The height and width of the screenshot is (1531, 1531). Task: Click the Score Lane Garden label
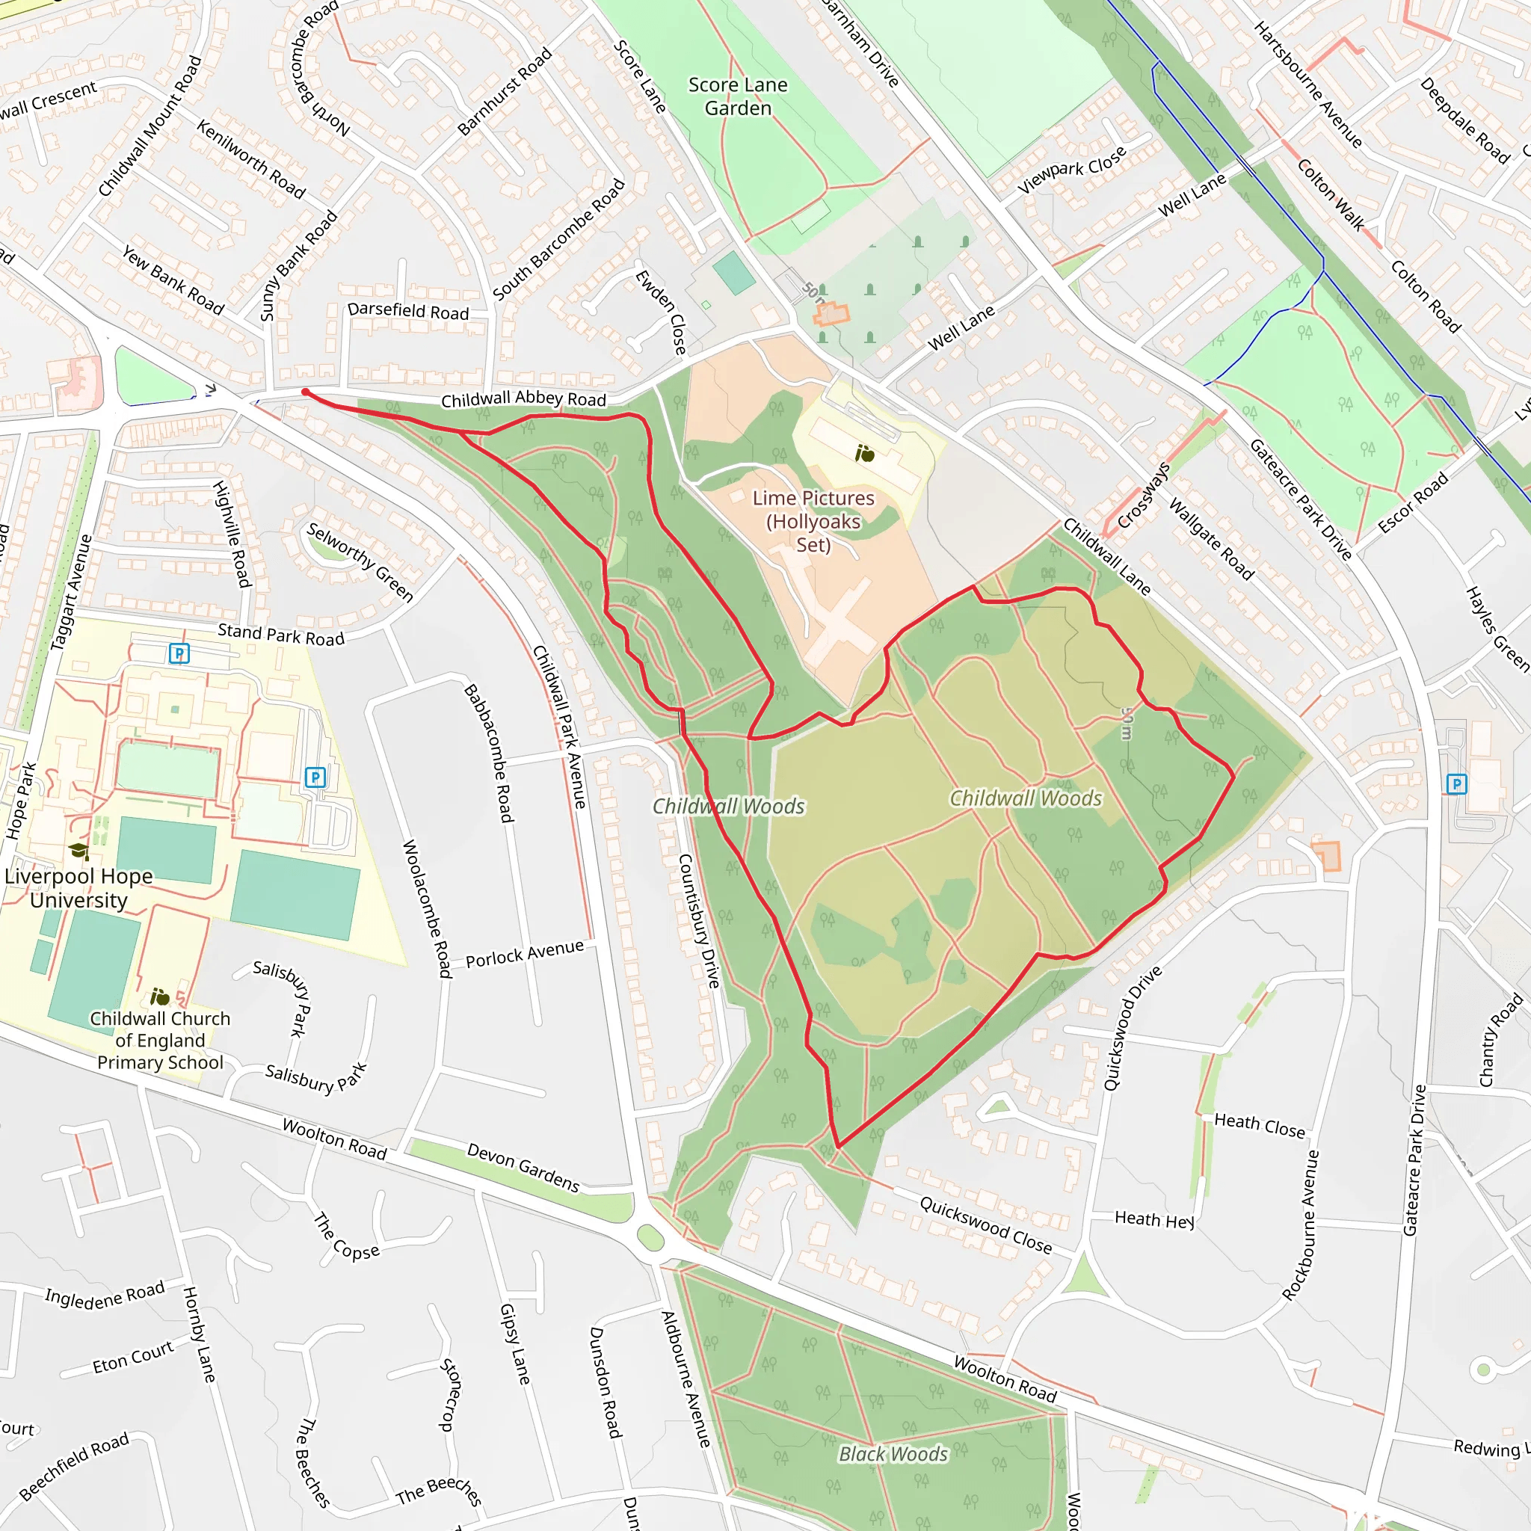[738, 96]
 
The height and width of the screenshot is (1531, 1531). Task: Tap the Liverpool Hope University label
[78, 888]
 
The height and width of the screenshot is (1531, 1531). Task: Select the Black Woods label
[893, 1454]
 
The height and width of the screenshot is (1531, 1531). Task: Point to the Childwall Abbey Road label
[523, 399]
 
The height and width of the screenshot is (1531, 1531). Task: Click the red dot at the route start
[305, 392]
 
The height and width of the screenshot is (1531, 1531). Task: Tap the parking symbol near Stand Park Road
[180, 654]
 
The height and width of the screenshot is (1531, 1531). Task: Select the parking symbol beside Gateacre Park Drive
[1456, 784]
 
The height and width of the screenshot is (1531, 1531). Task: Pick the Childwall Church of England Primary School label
[160, 1040]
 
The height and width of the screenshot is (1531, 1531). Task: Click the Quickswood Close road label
[986, 1225]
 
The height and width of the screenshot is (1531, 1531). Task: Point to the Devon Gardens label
[523, 1167]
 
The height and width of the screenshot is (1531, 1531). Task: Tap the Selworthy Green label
[360, 561]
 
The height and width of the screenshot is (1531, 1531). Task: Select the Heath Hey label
[1153, 1219]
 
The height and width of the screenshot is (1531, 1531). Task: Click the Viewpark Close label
[1071, 170]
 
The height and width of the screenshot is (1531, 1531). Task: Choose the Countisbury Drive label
[698, 921]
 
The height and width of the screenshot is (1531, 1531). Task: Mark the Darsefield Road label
[408, 311]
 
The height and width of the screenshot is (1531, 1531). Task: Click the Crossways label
[1144, 496]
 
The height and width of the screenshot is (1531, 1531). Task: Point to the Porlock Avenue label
[525, 954]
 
